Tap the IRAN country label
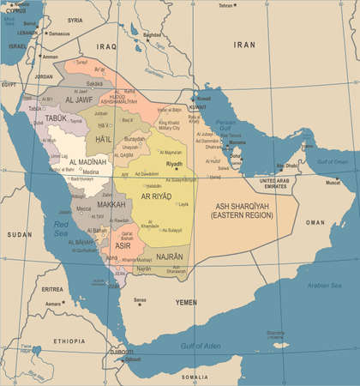click(245, 44)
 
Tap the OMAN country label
click(315, 221)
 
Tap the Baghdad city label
click(152, 35)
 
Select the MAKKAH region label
click(111, 205)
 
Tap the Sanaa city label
click(140, 299)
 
